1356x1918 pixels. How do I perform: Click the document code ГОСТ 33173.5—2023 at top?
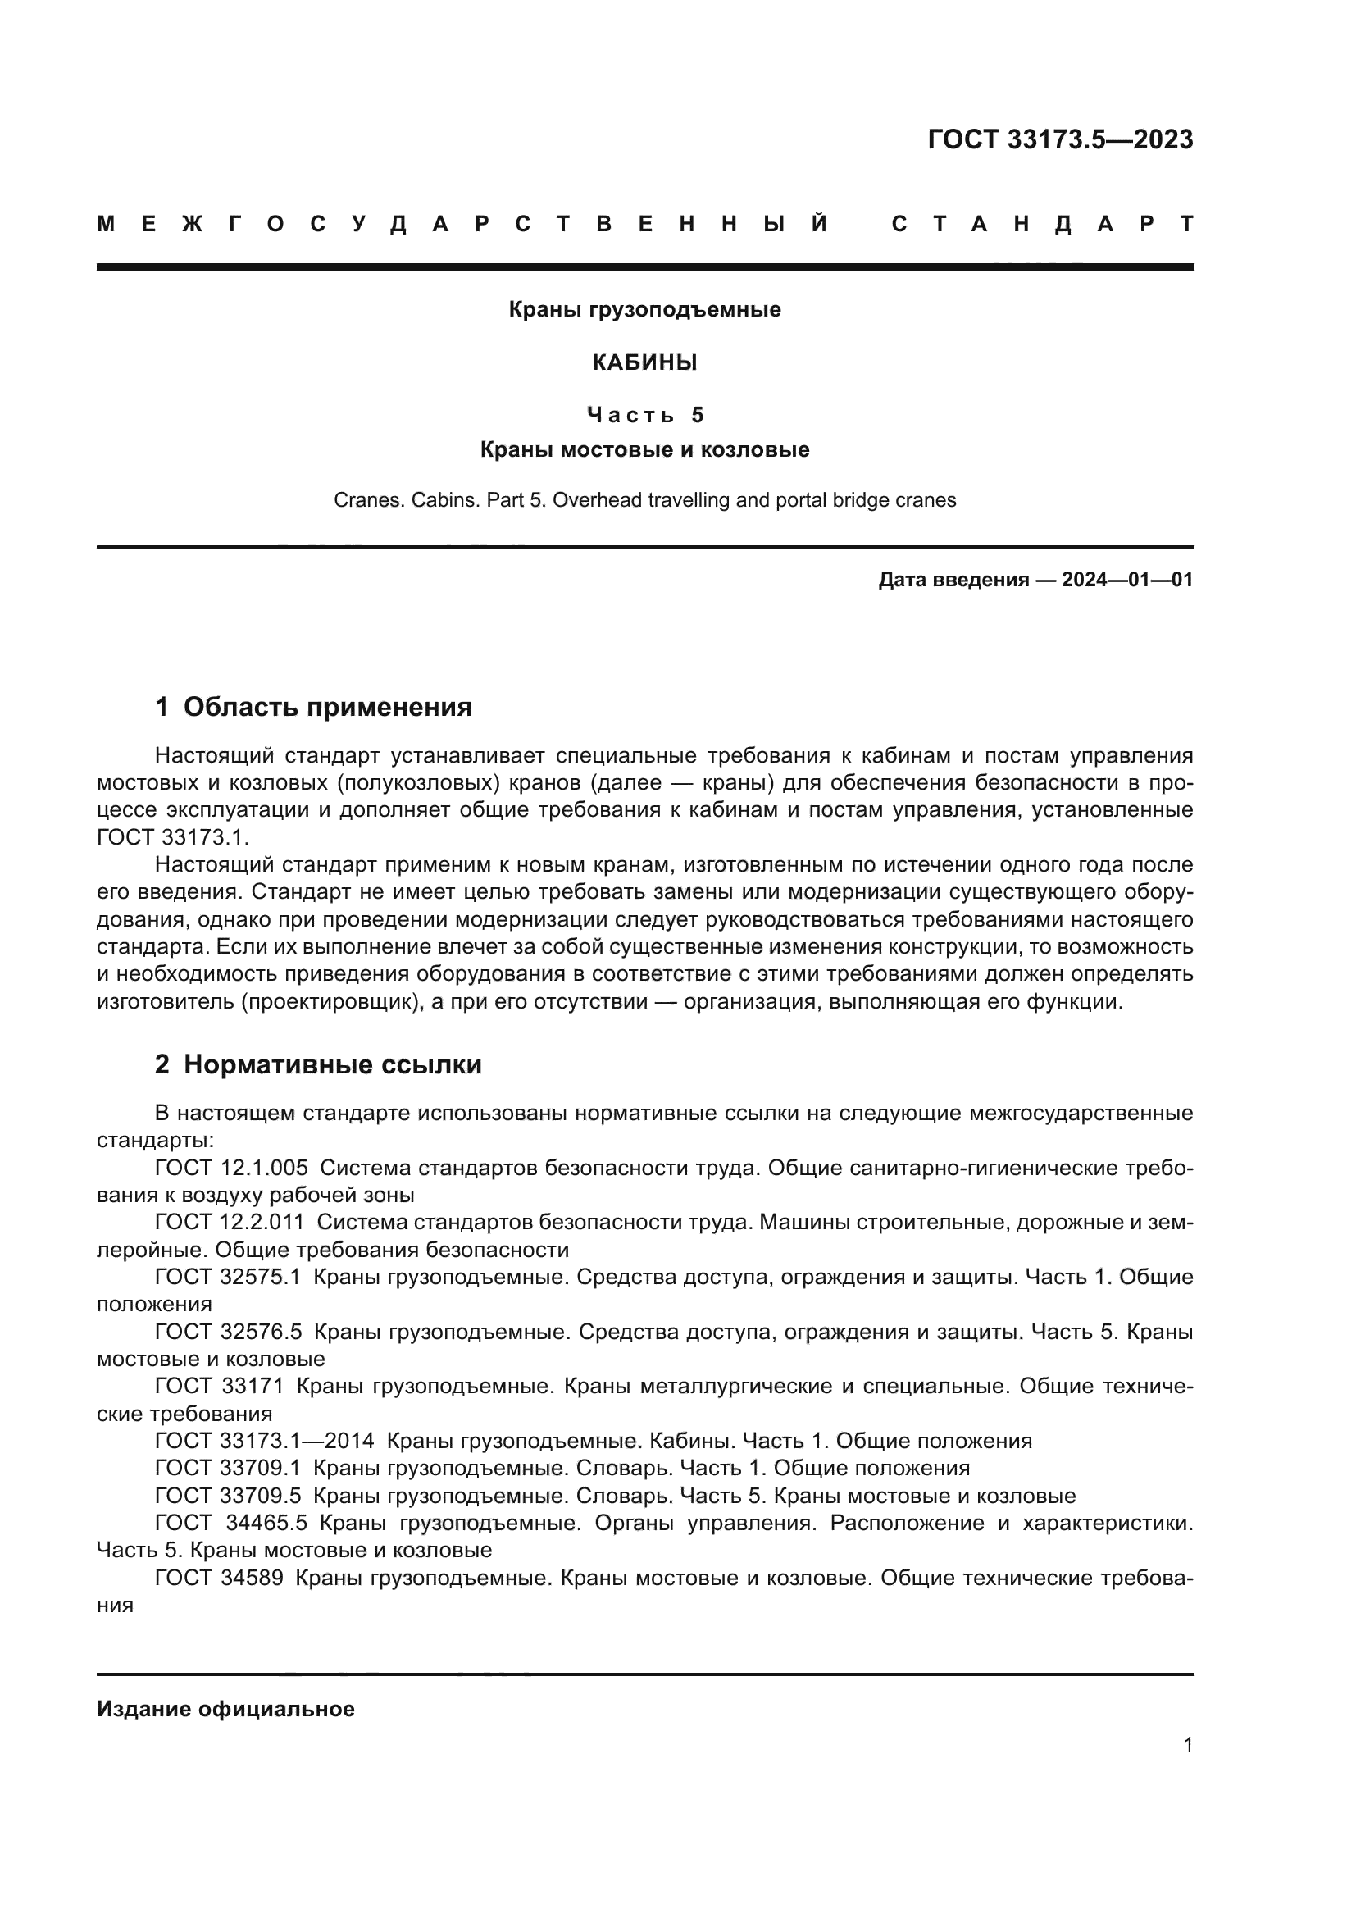[x=1059, y=139]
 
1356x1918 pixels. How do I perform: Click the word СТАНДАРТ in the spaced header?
[x=1042, y=224]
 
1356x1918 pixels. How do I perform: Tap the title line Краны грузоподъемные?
[x=644, y=310]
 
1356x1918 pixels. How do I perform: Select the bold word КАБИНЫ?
[x=644, y=362]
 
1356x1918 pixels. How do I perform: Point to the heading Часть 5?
[x=644, y=414]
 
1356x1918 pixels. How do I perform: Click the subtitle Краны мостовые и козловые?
[x=644, y=450]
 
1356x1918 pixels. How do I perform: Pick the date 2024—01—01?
[x=1127, y=580]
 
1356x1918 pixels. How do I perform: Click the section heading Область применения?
[x=327, y=708]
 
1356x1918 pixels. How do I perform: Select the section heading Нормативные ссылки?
[x=332, y=1065]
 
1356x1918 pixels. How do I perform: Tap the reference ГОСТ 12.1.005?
[x=231, y=1168]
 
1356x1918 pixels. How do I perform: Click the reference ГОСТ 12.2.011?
[x=230, y=1222]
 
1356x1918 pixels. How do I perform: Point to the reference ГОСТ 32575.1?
[x=228, y=1277]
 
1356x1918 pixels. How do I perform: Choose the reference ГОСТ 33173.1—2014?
[x=265, y=1441]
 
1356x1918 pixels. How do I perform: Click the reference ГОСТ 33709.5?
[x=228, y=1496]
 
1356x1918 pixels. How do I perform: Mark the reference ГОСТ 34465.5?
[x=231, y=1523]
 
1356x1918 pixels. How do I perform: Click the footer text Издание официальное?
[x=225, y=1709]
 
